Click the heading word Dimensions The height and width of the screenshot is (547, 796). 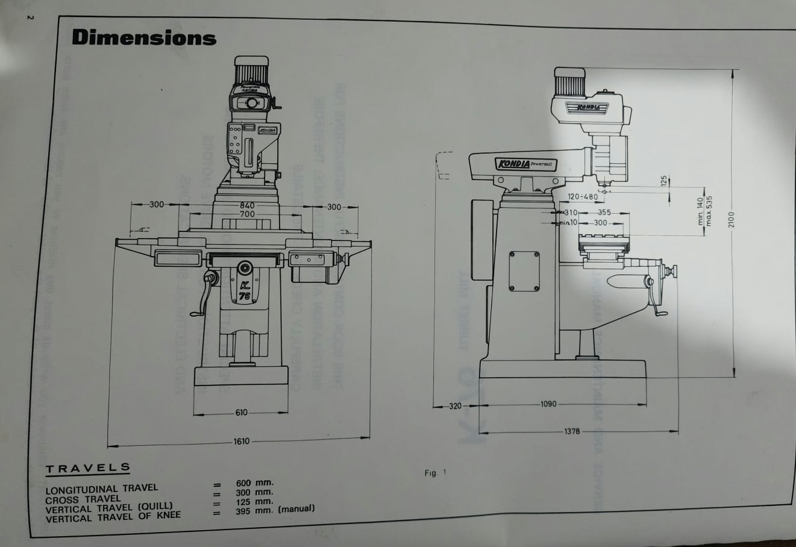click(143, 37)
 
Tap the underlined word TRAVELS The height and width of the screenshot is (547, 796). click(88, 467)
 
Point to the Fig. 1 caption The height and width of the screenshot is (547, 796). click(435, 473)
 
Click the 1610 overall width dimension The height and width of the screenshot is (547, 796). click(241, 442)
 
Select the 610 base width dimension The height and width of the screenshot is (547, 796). click(241, 413)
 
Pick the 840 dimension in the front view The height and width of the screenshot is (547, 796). click(247, 205)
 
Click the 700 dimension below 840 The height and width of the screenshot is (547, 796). click(247, 214)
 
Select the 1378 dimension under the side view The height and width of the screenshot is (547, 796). click(572, 431)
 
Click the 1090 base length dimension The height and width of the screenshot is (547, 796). click(548, 404)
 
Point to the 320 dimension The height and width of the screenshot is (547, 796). click(455, 406)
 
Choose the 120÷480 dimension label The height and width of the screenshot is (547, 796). click(583, 197)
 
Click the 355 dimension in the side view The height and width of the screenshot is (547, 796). click(604, 213)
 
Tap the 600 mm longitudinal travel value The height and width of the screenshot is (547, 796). click(254, 483)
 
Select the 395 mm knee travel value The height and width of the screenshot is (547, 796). click(254, 511)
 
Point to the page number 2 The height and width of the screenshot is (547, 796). click(31, 16)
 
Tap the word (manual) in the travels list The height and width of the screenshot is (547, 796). click(296, 508)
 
